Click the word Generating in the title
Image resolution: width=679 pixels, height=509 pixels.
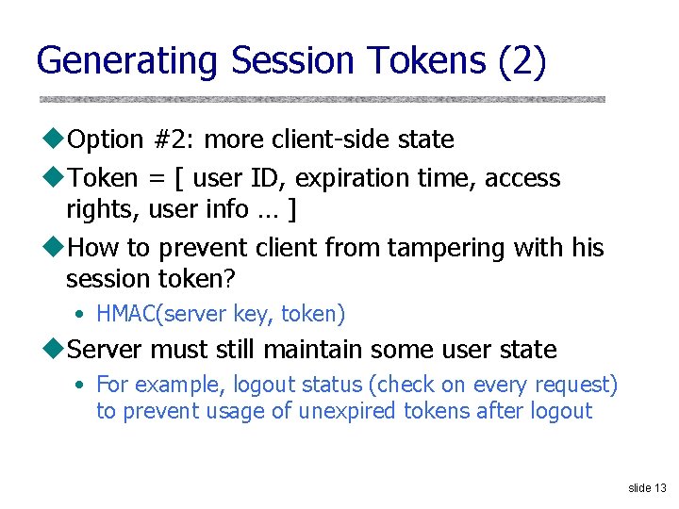tap(127, 61)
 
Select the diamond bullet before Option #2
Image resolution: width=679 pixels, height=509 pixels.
tap(55, 140)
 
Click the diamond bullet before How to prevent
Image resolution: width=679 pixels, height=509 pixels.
tap(55, 248)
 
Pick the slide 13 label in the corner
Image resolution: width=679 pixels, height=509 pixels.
tap(646, 487)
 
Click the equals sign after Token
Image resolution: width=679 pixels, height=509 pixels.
tap(157, 178)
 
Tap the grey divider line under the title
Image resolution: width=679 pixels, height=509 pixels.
tap(322, 98)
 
